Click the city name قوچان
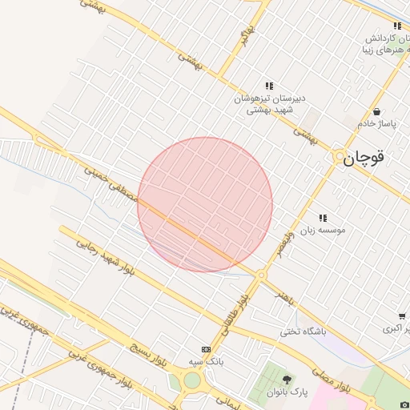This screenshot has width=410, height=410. pos(364,158)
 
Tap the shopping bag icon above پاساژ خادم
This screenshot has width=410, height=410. pos(376,112)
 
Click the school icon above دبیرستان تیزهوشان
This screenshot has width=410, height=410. pos(269,86)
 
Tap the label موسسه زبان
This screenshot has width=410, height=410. pos(323,230)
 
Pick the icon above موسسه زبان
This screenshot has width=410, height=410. pos(324,218)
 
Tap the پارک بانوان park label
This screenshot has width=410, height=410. pos(287,392)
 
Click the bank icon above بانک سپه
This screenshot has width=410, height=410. pos(207,349)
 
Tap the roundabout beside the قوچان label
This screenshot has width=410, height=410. pos(340,158)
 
